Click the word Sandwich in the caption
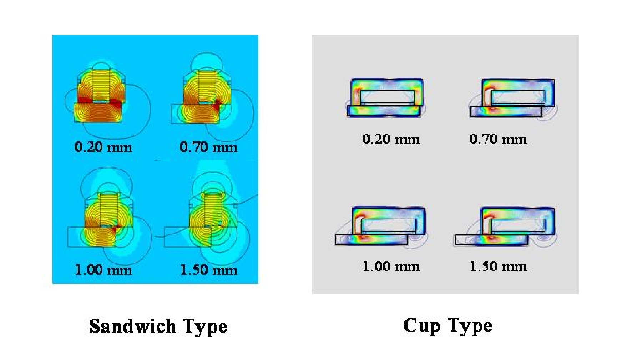pyautogui.click(x=132, y=326)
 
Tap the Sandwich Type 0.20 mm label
pyautogui.click(x=103, y=147)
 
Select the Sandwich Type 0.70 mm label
pyautogui.click(x=208, y=147)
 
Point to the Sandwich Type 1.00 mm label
pyautogui.click(x=103, y=270)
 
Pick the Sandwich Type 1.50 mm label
pyautogui.click(x=209, y=270)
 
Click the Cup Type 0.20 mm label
pyautogui.click(x=391, y=139)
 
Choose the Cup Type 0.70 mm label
pyautogui.click(x=498, y=139)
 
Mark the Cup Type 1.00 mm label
pyautogui.click(x=391, y=266)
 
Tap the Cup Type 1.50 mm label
pyautogui.click(x=498, y=266)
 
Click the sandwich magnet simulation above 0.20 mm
pyautogui.click(x=107, y=100)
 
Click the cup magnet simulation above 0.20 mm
pyautogui.click(x=386, y=98)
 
